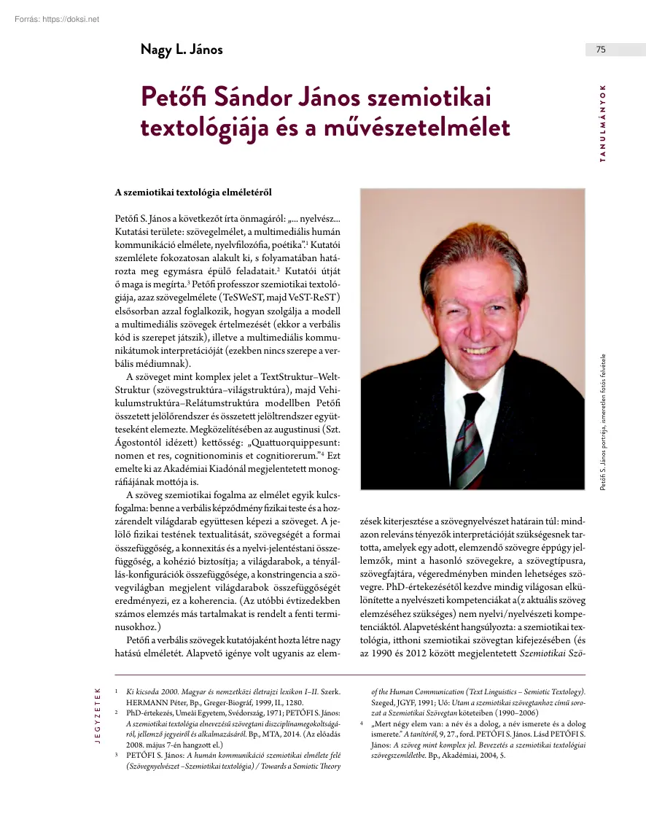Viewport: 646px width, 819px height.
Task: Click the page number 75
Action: [x=601, y=50]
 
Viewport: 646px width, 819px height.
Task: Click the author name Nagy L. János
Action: [x=182, y=50]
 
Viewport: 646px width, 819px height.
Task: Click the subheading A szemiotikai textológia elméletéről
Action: [x=193, y=193]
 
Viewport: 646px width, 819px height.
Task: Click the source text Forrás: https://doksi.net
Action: [x=57, y=19]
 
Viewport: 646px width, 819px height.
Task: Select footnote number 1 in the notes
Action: [x=117, y=690]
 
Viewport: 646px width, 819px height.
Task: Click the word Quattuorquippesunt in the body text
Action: [x=281, y=442]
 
